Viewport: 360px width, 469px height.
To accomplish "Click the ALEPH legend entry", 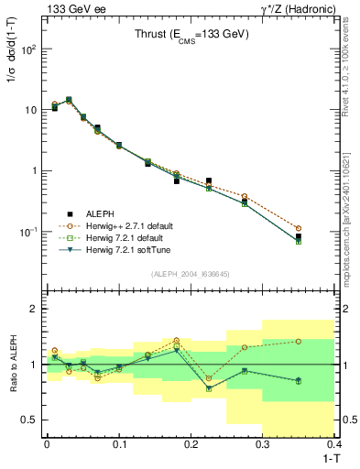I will (x=104, y=214).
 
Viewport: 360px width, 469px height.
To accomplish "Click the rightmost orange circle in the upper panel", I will (x=323, y=228).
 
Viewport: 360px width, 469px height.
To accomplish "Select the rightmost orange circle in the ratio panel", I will (x=323, y=341).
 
